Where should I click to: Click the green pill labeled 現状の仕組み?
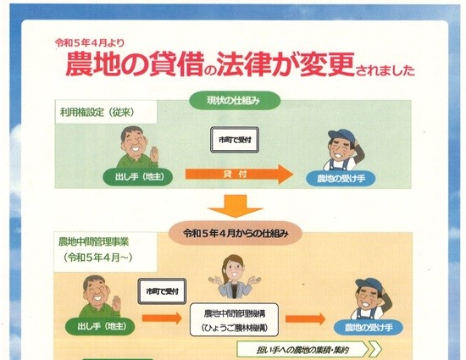click(235, 101)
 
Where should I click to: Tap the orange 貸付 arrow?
click(239, 174)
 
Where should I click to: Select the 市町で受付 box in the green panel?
click(235, 140)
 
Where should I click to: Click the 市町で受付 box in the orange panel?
click(163, 291)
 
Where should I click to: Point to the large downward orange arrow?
click(236, 206)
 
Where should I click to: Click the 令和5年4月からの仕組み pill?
click(235, 234)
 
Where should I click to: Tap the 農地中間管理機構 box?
click(234, 320)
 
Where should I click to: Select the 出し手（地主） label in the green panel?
click(138, 177)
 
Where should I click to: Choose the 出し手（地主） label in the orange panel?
click(100, 326)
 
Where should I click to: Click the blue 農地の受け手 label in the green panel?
click(341, 178)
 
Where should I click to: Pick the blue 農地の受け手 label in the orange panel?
click(369, 327)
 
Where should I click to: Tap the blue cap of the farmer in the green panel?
click(341, 136)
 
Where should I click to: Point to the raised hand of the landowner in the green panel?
click(154, 153)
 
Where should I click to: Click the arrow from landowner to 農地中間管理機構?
click(162, 318)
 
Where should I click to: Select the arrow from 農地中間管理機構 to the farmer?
click(305, 319)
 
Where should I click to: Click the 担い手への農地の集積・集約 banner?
click(309, 350)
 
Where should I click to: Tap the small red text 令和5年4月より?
click(90, 43)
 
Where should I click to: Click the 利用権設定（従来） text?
click(97, 113)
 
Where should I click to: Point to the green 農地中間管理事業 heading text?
click(93, 241)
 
